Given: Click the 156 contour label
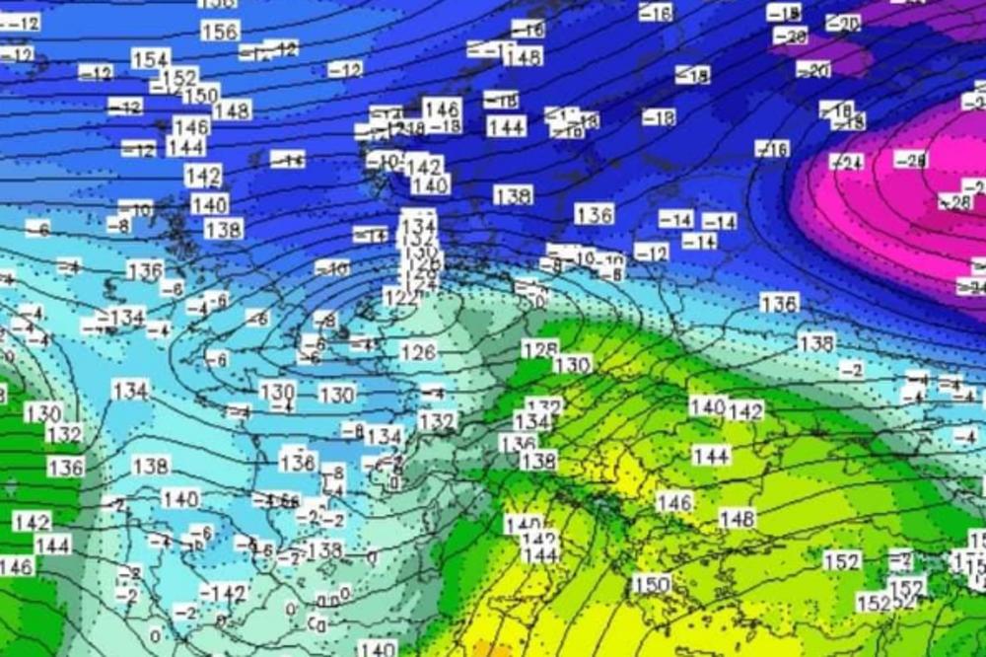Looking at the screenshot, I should click(x=220, y=31).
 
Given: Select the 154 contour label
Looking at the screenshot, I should click(x=151, y=59).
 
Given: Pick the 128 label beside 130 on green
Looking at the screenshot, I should click(x=539, y=349).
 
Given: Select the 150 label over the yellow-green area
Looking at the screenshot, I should click(x=652, y=584).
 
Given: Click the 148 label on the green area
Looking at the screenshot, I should click(x=737, y=518).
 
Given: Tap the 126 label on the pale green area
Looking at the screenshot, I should click(x=418, y=352).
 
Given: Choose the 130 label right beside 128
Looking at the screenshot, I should click(x=572, y=365).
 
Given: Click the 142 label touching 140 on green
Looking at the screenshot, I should click(x=746, y=411).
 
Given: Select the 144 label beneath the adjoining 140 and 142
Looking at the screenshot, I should click(x=711, y=456).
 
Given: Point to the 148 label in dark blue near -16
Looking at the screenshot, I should click(x=523, y=56).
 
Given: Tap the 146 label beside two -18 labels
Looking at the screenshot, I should click(x=442, y=109).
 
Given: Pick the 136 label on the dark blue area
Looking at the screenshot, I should click(x=594, y=214).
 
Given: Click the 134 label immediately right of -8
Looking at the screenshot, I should click(x=384, y=436).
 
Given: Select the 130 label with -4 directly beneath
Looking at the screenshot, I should click(x=277, y=391).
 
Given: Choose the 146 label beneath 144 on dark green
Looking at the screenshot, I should click(x=16, y=566).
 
